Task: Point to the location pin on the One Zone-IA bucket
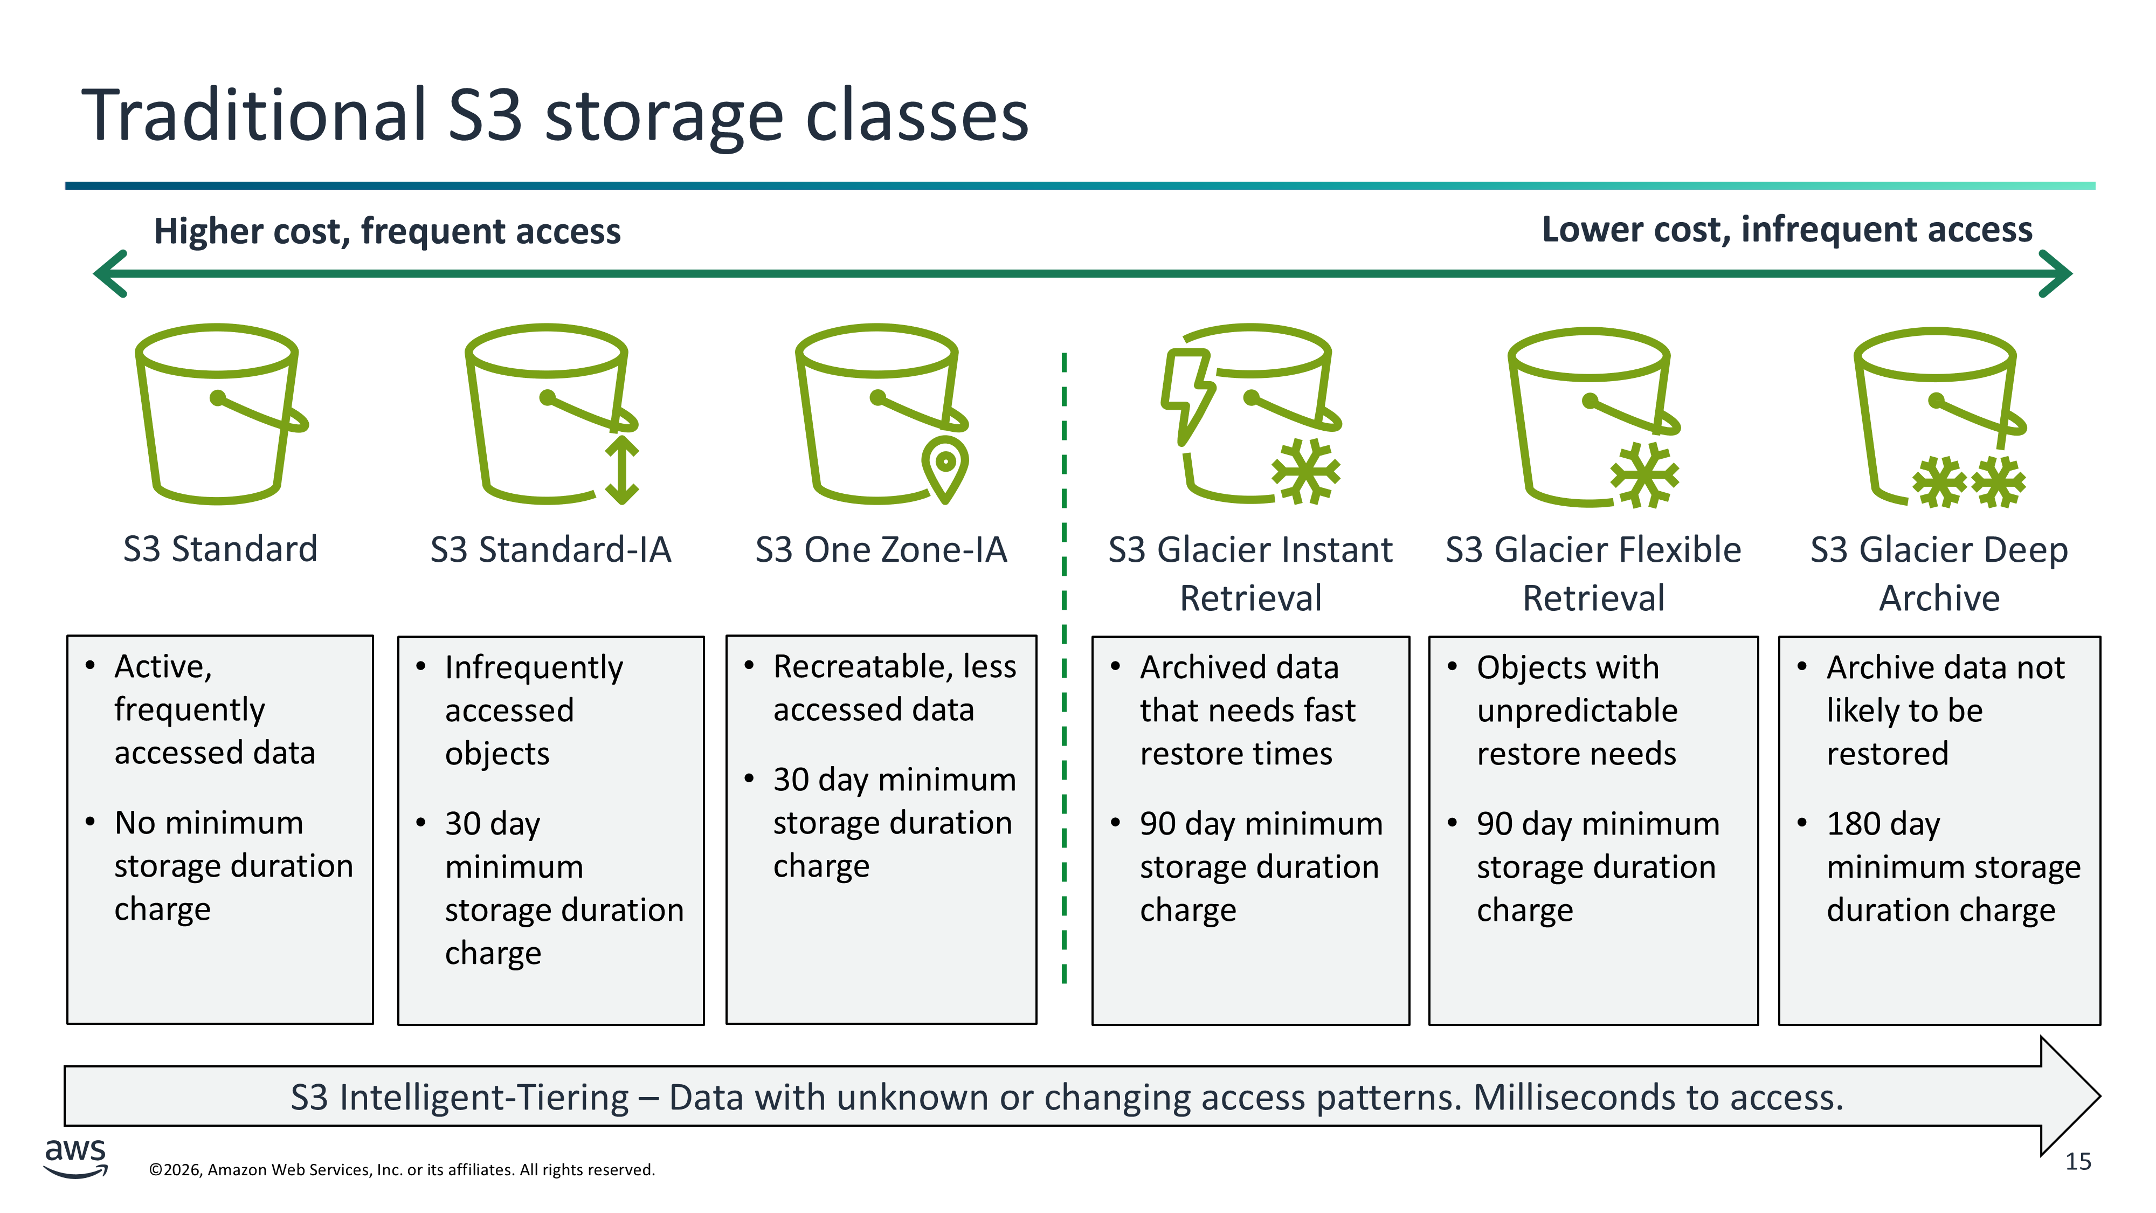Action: point(945,467)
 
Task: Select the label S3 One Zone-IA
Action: point(881,550)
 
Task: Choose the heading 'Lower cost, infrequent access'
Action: point(1786,229)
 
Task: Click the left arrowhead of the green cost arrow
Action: point(110,274)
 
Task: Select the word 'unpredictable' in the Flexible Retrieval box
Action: point(1577,711)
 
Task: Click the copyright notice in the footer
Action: point(402,1169)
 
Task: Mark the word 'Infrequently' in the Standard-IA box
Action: point(533,667)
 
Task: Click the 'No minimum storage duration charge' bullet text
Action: point(233,866)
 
